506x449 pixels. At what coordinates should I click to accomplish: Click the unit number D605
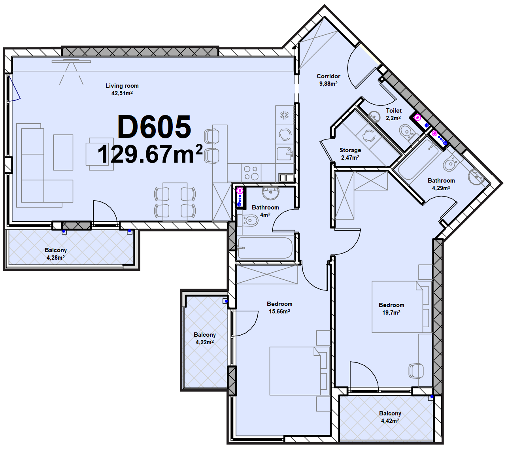point(154,127)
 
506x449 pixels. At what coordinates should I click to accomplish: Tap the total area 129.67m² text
point(150,154)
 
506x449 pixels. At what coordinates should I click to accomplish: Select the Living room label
point(122,86)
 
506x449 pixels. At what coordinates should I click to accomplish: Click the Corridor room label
point(328,76)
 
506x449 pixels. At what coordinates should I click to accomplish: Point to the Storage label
point(350,150)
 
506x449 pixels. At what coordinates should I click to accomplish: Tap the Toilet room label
point(394,110)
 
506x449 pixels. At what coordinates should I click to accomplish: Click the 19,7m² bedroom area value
point(391,312)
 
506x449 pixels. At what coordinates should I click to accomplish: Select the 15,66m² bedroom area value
point(279,311)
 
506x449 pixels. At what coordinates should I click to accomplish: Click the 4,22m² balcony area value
point(204,342)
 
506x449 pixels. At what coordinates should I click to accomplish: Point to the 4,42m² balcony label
point(390,421)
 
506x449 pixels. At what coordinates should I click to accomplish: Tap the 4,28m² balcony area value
point(56,257)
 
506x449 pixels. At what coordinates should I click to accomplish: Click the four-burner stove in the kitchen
point(251,173)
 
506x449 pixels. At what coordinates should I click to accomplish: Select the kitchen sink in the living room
point(285,154)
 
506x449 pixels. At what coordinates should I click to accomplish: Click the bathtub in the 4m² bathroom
point(265,248)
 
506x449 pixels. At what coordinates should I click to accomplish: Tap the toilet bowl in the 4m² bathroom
point(248,221)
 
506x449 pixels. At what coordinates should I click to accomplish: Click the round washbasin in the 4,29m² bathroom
point(476,177)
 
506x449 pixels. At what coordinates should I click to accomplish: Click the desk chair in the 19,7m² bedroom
point(416,371)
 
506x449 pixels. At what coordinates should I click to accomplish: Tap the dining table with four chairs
point(175,202)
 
